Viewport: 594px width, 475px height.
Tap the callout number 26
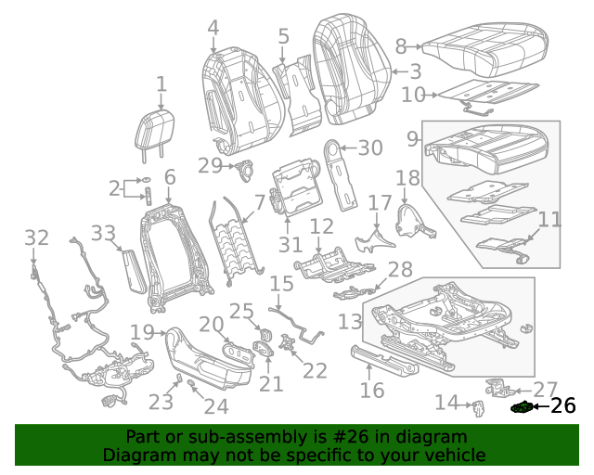click(562, 406)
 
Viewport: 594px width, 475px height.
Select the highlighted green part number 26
click(521, 406)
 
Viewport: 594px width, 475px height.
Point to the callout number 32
click(36, 238)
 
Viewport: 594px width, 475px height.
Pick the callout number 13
click(350, 321)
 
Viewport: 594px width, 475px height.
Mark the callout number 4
click(213, 29)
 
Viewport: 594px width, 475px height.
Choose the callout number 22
click(316, 370)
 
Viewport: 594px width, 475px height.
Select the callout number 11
click(550, 220)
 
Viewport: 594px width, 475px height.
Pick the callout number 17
click(381, 202)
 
